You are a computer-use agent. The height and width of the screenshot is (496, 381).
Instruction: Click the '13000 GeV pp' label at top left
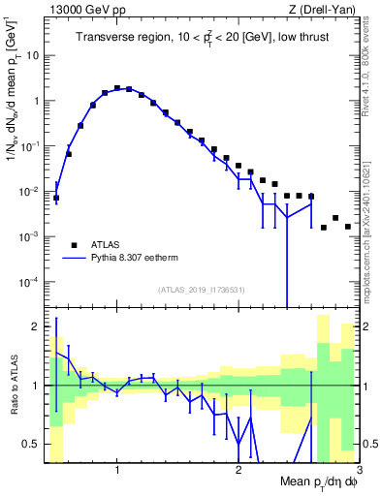point(84,10)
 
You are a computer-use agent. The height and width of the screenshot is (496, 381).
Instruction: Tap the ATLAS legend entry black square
point(72,244)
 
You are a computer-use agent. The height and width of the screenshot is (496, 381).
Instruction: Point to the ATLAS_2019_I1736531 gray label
point(201,289)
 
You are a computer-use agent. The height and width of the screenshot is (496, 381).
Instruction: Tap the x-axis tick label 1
point(117,470)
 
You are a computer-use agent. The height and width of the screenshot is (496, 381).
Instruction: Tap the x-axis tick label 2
point(238,470)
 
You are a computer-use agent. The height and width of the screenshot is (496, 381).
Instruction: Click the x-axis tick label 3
point(357,470)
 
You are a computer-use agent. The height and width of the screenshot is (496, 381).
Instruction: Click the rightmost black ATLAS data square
point(347,227)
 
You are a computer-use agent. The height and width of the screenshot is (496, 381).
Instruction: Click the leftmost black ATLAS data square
point(56,198)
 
